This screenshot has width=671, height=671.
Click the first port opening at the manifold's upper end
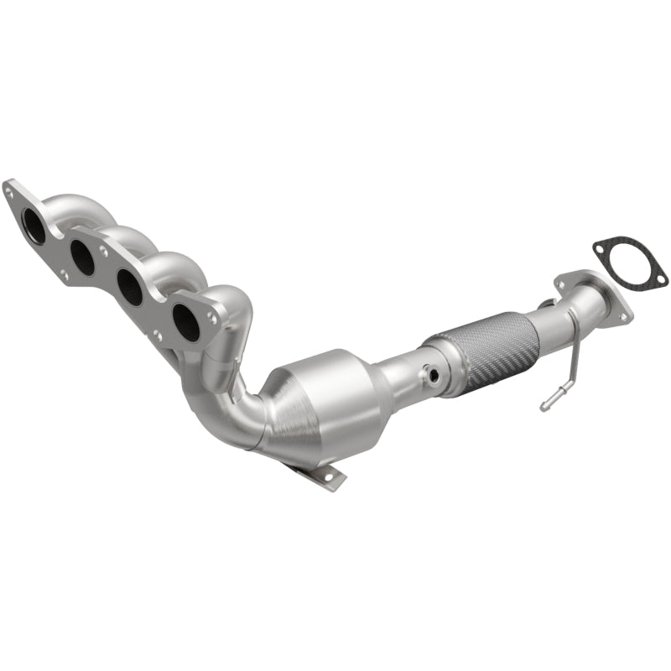pyautogui.click(x=34, y=226)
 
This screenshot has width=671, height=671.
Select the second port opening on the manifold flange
pyautogui.click(x=83, y=257)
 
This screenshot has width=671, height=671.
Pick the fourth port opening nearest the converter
pyautogui.click(x=186, y=322)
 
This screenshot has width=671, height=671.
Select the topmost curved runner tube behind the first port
pyautogui.click(x=75, y=205)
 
